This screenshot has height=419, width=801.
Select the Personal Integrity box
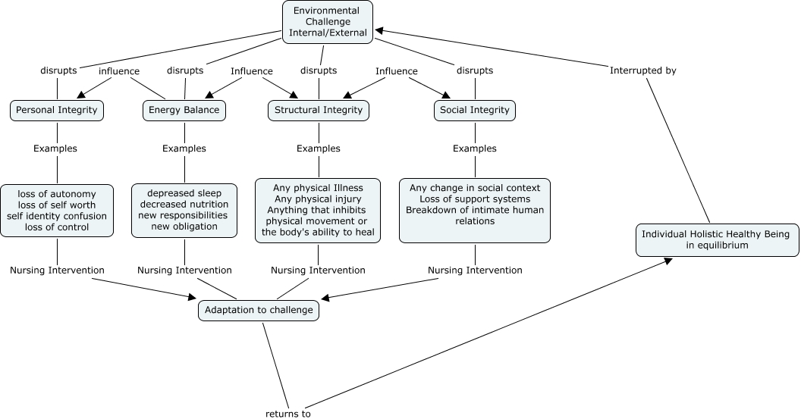pyautogui.click(x=57, y=110)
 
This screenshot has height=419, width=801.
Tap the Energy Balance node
pyautogui.click(x=184, y=110)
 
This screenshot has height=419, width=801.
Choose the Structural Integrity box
pyautogui.click(x=319, y=110)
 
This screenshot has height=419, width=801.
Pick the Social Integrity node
pyautogui.click(x=475, y=110)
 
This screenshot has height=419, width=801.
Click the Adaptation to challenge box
pyautogui.click(x=259, y=310)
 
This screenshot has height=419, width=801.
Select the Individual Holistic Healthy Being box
pyautogui.click(x=715, y=239)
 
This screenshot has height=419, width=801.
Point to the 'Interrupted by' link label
pyautogui.click(x=642, y=70)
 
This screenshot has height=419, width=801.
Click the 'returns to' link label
pyautogui.click(x=288, y=414)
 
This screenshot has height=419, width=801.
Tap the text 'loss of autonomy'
pyautogui.click(x=57, y=194)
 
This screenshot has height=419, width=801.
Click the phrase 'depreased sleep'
pyautogui.click(x=184, y=193)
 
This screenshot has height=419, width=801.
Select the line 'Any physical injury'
pyautogui.click(x=319, y=199)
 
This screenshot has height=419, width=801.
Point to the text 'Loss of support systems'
pyautogui.click(x=475, y=199)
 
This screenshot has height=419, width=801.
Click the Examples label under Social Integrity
pyautogui.click(x=475, y=149)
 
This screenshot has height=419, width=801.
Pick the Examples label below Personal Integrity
pyautogui.click(x=55, y=149)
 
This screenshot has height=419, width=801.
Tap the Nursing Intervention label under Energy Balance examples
pyautogui.click(x=184, y=270)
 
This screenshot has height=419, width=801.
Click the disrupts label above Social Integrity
pyautogui.click(x=475, y=70)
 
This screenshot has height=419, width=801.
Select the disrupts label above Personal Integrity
pyautogui.click(x=58, y=70)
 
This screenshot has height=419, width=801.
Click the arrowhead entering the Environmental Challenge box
pyautogui.click(x=378, y=31)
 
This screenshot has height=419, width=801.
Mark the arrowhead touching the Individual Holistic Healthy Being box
pyautogui.click(x=669, y=260)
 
